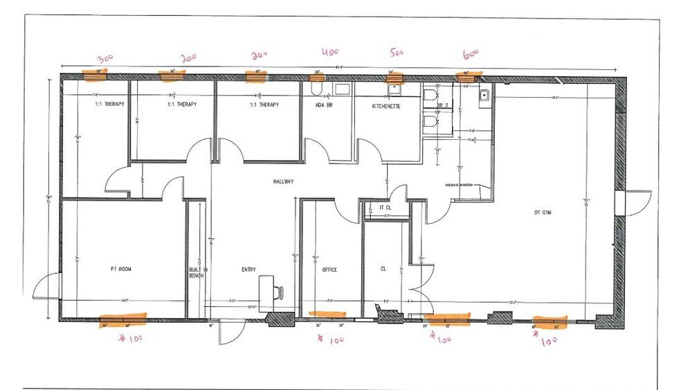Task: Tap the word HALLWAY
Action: [284, 181]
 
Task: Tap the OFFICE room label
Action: [329, 269]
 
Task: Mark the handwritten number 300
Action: [105, 58]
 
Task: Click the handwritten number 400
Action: [329, 52]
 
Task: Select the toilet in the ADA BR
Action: [315, 90]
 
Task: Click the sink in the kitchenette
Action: [395, 89]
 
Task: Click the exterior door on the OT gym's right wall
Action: [636, 202]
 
